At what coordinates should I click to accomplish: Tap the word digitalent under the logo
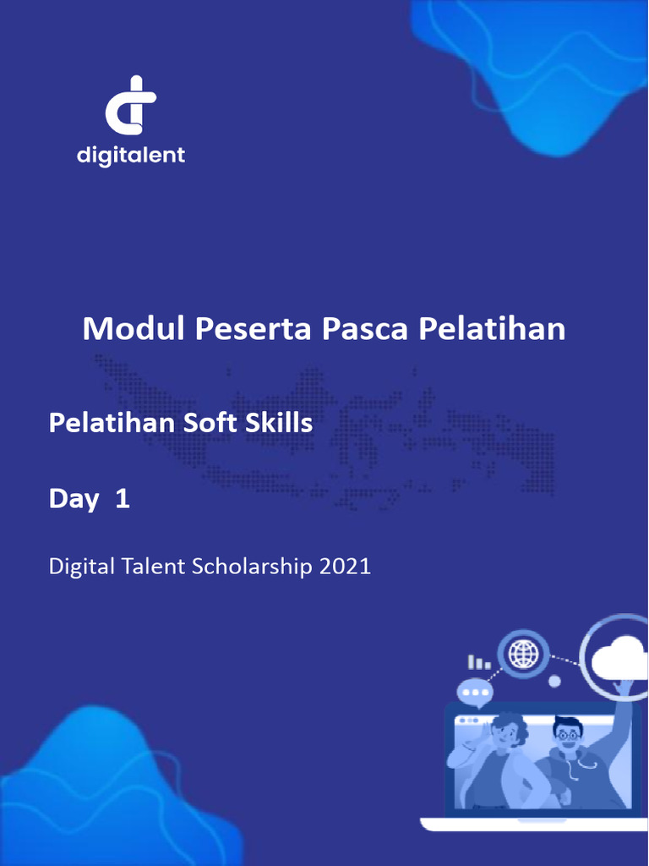click(x=131, y=156)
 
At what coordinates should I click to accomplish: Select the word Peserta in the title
click(x=254, y=328)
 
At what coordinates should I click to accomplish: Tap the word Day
click(x=74, y=499)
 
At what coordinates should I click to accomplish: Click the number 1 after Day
click(x=123, y=499)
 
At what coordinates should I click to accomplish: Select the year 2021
click(x=345, y=566)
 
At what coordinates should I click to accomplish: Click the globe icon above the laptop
click(x=524, y=653)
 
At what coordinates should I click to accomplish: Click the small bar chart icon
click(x=478, y=662)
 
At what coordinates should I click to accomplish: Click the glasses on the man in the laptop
click(x=567, y=734)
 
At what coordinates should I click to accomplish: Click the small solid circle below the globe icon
click(x=554, y=681)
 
